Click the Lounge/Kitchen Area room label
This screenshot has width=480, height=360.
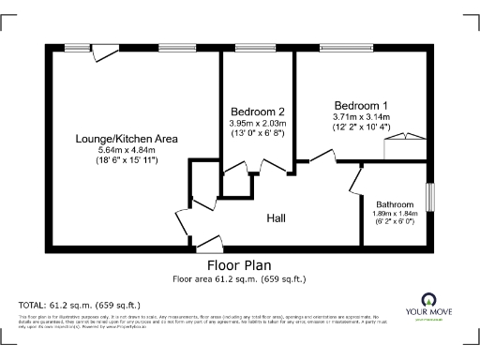tap(127, 139)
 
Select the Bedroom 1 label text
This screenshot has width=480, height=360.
tap(360, 104)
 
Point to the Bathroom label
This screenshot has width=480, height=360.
tap(394, 203)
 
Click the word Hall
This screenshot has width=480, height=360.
tap(276, 218)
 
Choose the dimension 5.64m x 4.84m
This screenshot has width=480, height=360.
tap(127, 150)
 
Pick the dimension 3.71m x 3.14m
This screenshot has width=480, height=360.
tap(360, 115)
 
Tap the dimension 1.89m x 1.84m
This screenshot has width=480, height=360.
tap(394, 214)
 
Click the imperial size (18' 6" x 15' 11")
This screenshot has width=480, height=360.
tap(127, 161)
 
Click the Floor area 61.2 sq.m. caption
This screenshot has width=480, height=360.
tap(239, 278)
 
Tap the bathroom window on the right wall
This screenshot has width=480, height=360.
tap(431, 198)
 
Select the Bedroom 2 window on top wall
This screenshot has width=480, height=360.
tap(248, 48)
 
